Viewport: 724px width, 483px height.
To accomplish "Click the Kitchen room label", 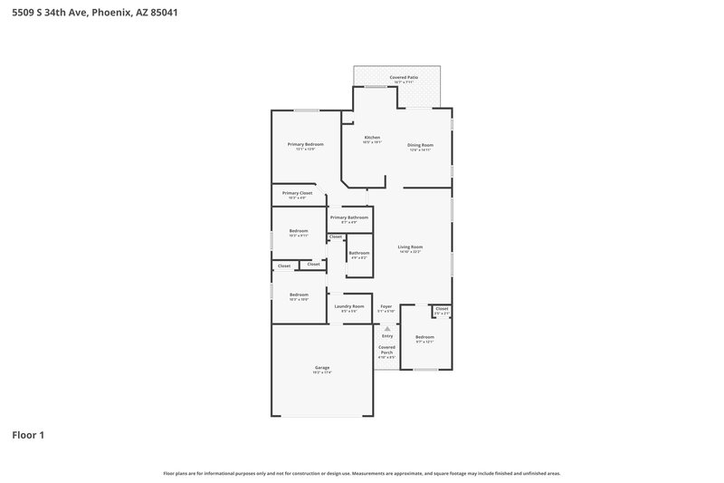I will pos(372,138).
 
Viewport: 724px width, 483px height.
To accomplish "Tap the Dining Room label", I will pos(420,145).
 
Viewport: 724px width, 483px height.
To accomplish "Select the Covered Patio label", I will pos(404,78).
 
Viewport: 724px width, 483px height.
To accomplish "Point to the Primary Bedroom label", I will pos(305,145).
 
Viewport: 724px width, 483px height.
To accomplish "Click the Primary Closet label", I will pos(297,193).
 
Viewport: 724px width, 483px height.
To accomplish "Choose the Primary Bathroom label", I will pos(348,217).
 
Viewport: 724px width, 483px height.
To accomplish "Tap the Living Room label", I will pos(410,246).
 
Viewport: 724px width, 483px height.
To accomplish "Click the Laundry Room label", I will pos(348,306).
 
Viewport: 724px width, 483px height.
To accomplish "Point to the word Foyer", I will pos(386,306).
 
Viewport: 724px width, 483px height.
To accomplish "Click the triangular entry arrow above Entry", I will pos(387,328).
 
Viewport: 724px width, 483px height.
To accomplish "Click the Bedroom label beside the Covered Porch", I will pos(424,337).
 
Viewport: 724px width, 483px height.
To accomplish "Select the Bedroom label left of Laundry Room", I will pos(299,295).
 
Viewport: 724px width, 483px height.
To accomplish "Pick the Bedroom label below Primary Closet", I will pos(299,231).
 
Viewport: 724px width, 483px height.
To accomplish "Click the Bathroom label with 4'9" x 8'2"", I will pos(358,253).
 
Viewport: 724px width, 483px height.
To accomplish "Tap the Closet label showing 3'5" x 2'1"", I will pos(442,309).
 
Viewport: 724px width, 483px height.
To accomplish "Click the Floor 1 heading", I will pos(28,435).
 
